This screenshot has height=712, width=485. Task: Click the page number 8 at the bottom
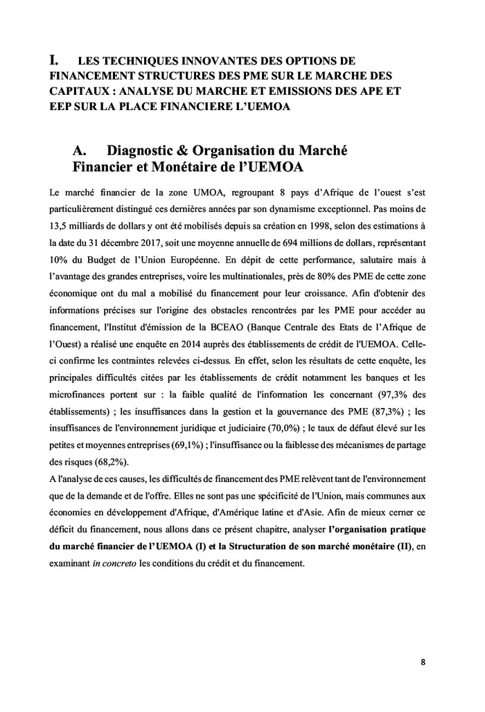[423, 661]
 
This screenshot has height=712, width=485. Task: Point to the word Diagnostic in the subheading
[145, 151]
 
